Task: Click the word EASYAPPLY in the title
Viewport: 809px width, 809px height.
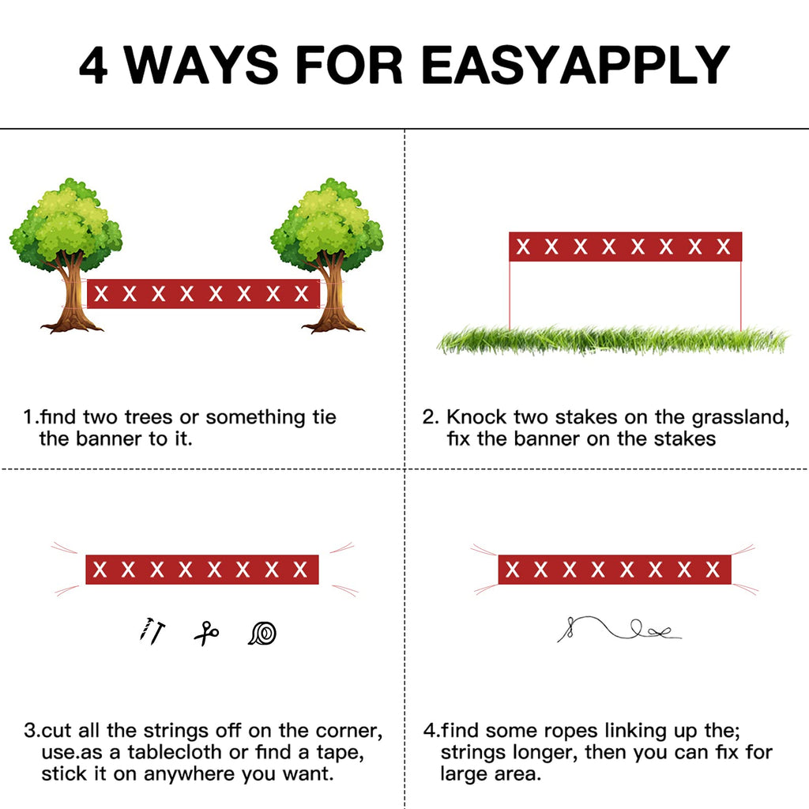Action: (575, 65)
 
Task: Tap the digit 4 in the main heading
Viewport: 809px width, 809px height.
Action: (93, 65)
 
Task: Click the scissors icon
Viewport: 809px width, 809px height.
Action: (206, 633)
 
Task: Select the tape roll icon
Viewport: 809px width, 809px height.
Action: (262, 633)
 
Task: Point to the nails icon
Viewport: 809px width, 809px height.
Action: (152, 631)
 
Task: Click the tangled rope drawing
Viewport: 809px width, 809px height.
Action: (619, 629)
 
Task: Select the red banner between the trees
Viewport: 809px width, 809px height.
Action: (203, 294)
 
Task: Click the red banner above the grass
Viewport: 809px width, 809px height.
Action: (626, 246)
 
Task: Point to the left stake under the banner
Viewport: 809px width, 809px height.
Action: (510, 295)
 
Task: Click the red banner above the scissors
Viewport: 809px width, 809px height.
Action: (202, 570)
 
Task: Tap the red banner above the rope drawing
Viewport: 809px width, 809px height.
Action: (615, 570)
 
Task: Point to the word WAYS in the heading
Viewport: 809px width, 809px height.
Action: (201, 65)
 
